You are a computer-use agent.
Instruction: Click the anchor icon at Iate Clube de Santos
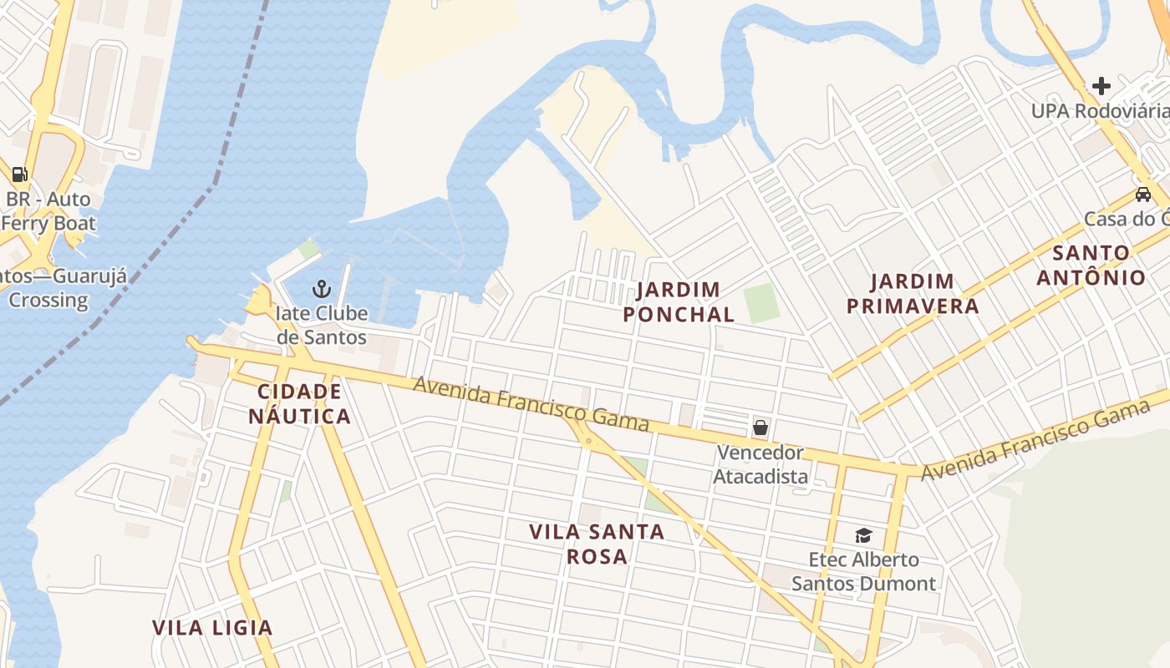click(x=322, y=289)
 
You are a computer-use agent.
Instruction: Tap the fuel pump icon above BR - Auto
click(x=19, y=175)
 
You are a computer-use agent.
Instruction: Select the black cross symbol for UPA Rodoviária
click(x=1101, y=85)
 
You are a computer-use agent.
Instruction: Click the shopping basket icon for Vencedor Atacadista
click(x=760, y=428)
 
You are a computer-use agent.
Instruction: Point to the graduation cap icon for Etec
click(x=863, y=535)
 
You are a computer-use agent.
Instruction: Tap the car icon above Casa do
click(x=1142, y=195)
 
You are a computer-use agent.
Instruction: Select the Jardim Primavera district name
click(x=913, y=294)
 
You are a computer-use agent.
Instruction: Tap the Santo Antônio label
click(x=1091, y=265)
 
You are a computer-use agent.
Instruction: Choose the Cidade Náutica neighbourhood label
click(x=299, y=403)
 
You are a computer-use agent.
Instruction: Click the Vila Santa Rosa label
click(x=597, y=544)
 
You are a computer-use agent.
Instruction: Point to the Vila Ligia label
click(x=212, y=628)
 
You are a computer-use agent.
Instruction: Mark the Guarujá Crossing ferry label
click(x=46, y=288)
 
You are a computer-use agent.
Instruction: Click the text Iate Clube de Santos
click(x=322, y=326)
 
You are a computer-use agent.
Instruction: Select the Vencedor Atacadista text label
click(x=760, y=464)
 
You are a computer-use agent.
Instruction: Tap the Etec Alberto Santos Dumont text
click(x=863, y=571)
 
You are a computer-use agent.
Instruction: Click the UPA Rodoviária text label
click(x=1099, y=111)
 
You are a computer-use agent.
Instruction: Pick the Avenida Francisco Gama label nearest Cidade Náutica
click(x=531, y=404)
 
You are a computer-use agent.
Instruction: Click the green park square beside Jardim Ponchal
click(x=761, y=303)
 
